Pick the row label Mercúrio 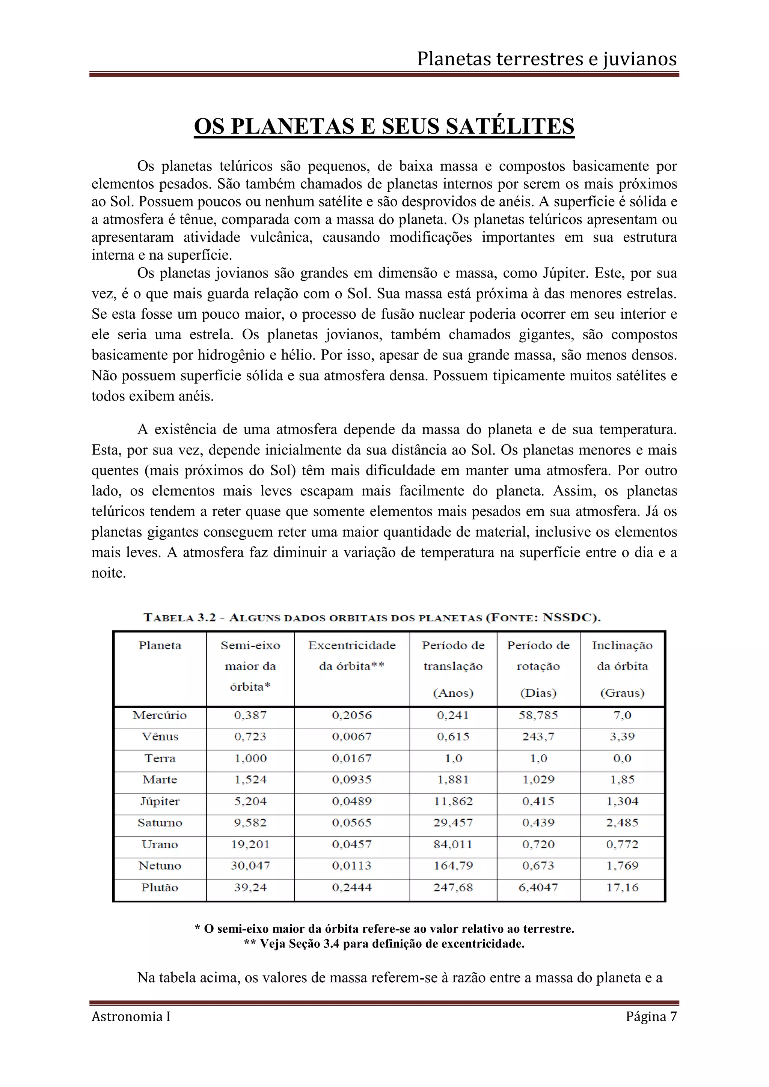[160, 715]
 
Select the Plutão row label [160, 888]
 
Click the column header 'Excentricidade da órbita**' [351, 656]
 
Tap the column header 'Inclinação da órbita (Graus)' [622, 668]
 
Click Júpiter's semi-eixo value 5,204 [250, 801]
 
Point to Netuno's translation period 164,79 [453, 866]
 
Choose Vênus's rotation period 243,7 [538, 737]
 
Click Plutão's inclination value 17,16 [622, 888]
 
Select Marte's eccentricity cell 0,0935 [351, 780]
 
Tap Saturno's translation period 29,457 [453, 823]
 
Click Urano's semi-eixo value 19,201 [250, 845]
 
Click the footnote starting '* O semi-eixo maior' [384, 929]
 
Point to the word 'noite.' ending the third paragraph [109, 573]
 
